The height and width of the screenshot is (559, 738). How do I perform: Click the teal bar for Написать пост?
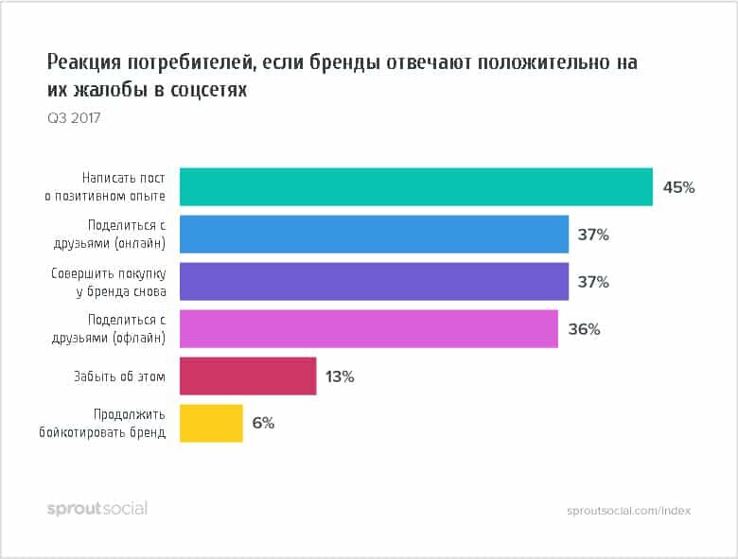(x=415, y=187)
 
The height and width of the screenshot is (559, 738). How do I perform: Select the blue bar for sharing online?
(x=374, y=235)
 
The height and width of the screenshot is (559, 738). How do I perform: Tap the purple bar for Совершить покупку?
(x=374, y=282)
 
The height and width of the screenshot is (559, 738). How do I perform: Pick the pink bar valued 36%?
(x=368, y=329)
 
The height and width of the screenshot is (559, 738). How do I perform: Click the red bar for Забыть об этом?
(x=247, y=376)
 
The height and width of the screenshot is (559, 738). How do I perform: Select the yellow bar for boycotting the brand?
(x=211, y=424)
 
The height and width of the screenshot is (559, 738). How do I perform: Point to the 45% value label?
(x=678, y=187)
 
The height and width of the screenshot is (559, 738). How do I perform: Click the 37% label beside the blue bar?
(x=593, y=235)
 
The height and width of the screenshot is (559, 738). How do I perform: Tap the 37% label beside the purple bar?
(x=593, y=282)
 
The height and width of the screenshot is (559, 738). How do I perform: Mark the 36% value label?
(x=584, y=329)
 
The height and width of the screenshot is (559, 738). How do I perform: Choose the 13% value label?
(x=339, y=376)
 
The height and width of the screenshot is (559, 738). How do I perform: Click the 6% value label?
(x=263, y=424)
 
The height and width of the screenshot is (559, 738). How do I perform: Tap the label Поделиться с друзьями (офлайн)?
(x=126, y=329)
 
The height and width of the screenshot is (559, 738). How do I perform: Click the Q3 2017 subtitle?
(x=74, y=118)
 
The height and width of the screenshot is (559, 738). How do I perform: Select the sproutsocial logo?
(x=97, y=509)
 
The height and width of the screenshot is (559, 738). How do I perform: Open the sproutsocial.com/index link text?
(x=628, y=510)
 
